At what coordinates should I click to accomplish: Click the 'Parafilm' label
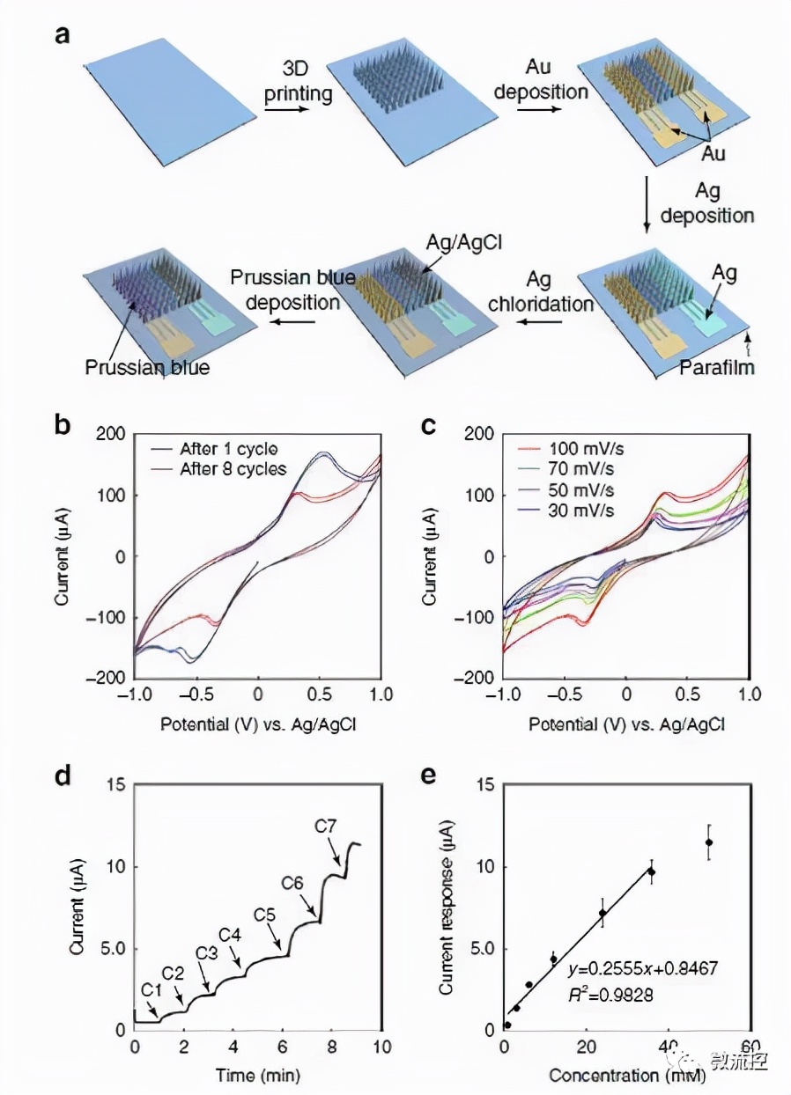click(x=716, y=368)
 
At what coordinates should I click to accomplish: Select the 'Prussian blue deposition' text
click(x=293, y=290)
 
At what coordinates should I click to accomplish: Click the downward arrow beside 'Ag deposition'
click(x=647, y=204)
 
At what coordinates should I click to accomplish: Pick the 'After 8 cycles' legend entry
click(x=233, y=469)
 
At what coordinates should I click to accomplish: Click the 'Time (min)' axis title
click(x=256, y=1075)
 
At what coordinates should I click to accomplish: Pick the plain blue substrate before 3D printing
click(x=164, y=99)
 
